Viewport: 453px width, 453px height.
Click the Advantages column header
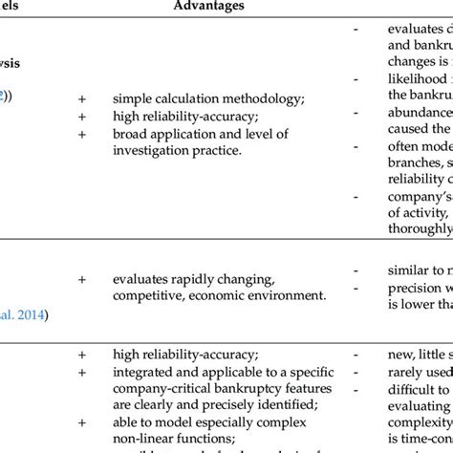point(209,7)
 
